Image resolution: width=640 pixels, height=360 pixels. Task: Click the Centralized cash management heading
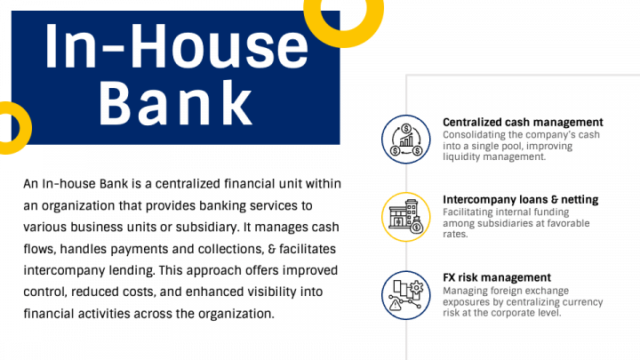[x=523, y=122]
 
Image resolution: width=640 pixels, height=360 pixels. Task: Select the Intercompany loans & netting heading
[x=520, y=200]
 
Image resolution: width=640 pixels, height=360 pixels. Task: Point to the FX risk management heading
[x=497, y=277]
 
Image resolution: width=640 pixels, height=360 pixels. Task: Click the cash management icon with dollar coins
[x=405, y=139]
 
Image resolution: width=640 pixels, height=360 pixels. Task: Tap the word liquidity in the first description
[x=460, y=156]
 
